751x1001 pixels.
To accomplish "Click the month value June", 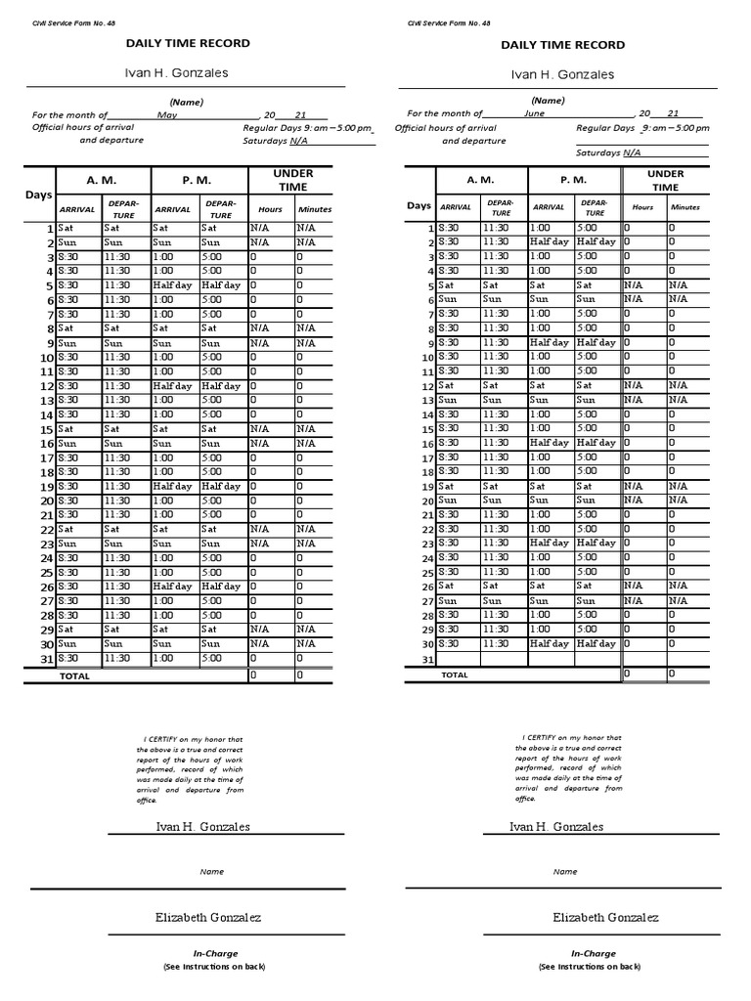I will (534, 113).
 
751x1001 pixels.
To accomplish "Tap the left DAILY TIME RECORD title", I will (187, 43).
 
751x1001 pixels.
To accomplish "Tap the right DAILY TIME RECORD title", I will (563, 44).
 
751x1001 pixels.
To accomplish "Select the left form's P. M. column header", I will (198, 181).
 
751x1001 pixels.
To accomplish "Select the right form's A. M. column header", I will (480, 180).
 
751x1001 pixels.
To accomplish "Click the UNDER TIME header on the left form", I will (292, 180).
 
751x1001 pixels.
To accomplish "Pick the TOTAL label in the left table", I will (74, 675).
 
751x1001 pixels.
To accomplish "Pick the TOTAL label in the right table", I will (455, 675).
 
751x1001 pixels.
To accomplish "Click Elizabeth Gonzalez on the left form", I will (208, 917).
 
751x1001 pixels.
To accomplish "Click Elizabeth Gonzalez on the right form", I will (605, 917).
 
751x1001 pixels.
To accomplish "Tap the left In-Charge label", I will (214, 953).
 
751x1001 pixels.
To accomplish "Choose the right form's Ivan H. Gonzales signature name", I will (556, 827).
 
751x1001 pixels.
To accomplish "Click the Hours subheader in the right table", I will (642, 207).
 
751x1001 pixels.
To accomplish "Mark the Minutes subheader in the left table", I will (315, 209).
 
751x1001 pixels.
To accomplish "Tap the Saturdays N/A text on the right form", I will (608, 152).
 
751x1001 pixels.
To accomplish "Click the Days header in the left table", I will (38, 196).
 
